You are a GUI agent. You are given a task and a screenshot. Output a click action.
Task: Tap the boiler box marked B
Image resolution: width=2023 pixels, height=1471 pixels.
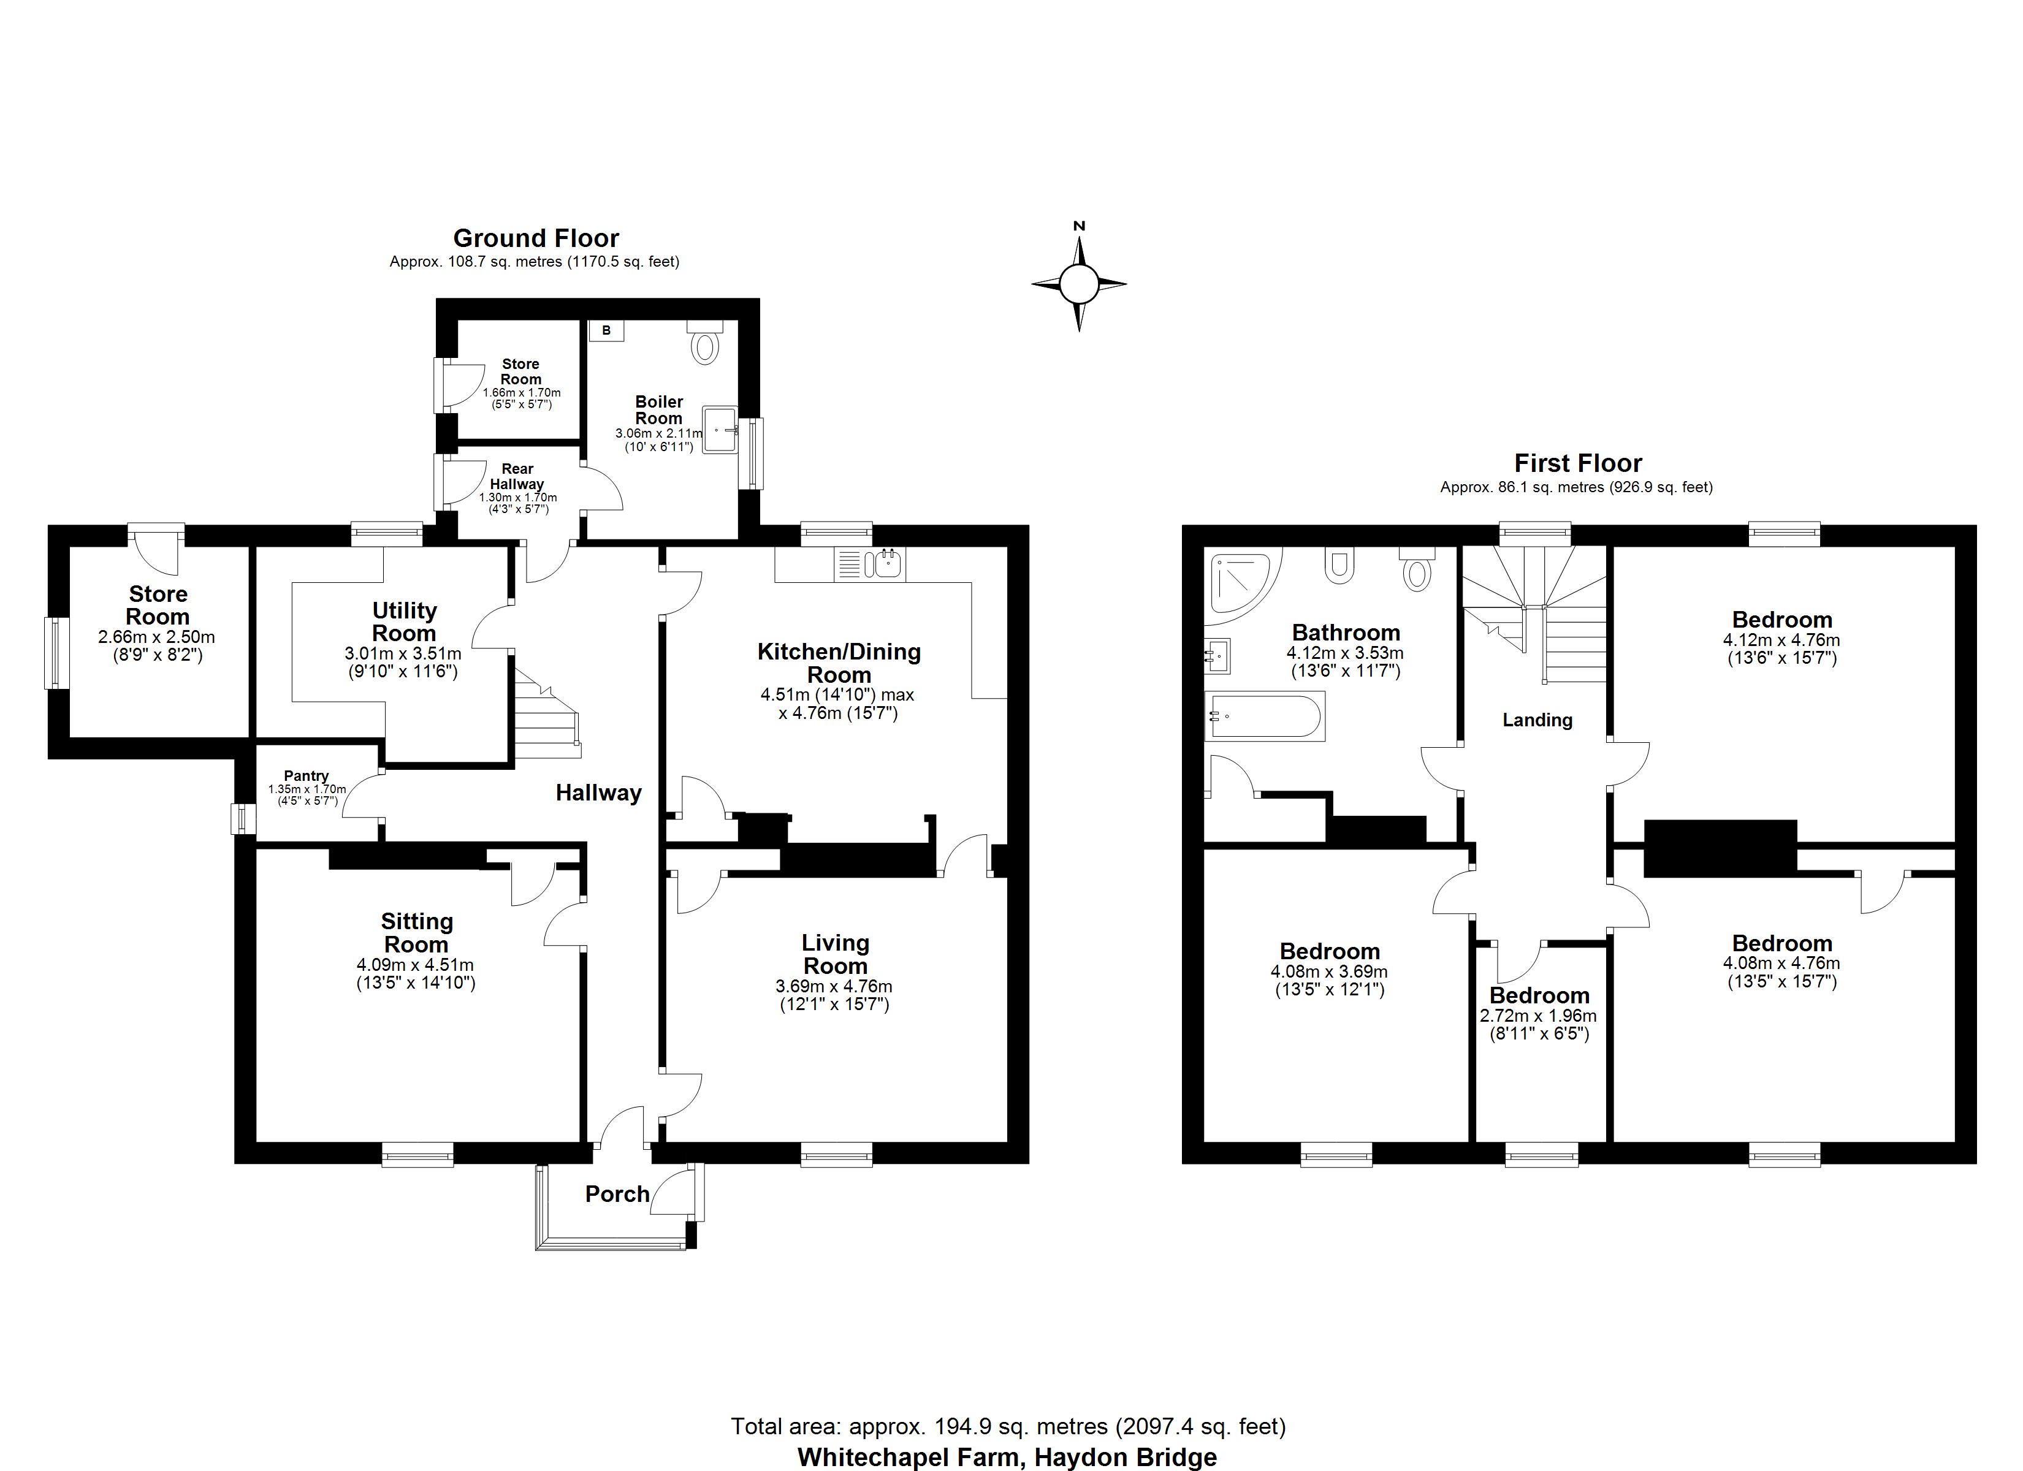tap(606, 331)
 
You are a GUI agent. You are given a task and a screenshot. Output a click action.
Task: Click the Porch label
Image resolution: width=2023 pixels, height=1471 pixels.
tap(617, 1193)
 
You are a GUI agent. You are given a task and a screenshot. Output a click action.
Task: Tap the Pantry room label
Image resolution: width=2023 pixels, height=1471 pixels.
tap(306, 776)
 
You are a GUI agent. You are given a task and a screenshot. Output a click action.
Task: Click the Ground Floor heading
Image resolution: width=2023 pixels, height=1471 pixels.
tap(535, 238)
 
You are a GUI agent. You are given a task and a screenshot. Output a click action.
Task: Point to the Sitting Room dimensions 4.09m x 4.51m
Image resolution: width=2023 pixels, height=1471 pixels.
tap(415, 964)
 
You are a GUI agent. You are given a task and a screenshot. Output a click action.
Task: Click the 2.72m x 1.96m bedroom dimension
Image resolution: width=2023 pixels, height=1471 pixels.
tap(1539, 1015)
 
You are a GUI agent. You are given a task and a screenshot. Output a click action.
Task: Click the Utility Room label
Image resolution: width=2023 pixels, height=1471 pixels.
tap(404, 621)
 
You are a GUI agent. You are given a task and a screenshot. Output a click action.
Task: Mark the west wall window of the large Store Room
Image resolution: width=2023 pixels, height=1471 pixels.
tap(58, 652)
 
